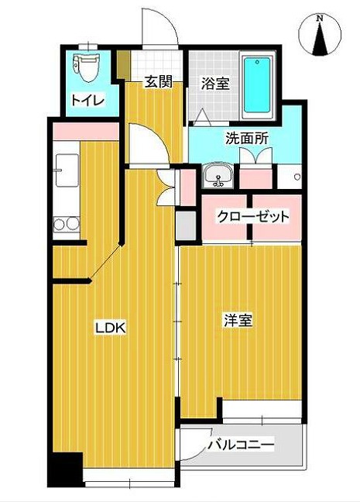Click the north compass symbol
pos(320,35)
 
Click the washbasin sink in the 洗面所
pos(218,177)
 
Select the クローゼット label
pos(252,216)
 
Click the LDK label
pos(110,328)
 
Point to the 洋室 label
pos(239,321)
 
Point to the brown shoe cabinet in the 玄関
pos(122,65)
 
